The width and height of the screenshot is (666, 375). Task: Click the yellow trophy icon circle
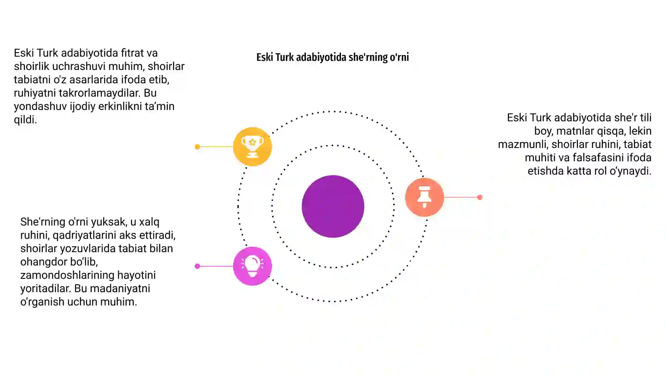click(x=252, y=146)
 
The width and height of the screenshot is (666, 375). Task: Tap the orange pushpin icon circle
click(x=425, y=197)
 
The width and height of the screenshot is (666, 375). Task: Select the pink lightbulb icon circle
click(x=252, y=266)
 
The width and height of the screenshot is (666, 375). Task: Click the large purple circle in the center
click(x=333, y=206)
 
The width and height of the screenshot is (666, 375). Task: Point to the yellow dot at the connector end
click(x=197, y=147)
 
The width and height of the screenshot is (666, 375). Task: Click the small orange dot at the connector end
click(x=480, y=197)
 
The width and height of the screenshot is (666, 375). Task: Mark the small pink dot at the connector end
click(x=197, y=266)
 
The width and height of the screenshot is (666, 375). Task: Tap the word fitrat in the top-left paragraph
click(x=132, y=53)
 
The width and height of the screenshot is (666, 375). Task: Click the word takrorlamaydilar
click(x=99, y=93)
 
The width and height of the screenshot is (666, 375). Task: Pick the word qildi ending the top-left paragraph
click(x=25, y=120)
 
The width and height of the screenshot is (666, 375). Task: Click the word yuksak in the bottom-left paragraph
click(x=109, y=222)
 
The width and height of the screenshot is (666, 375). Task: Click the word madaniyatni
click(x=120, y=288)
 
